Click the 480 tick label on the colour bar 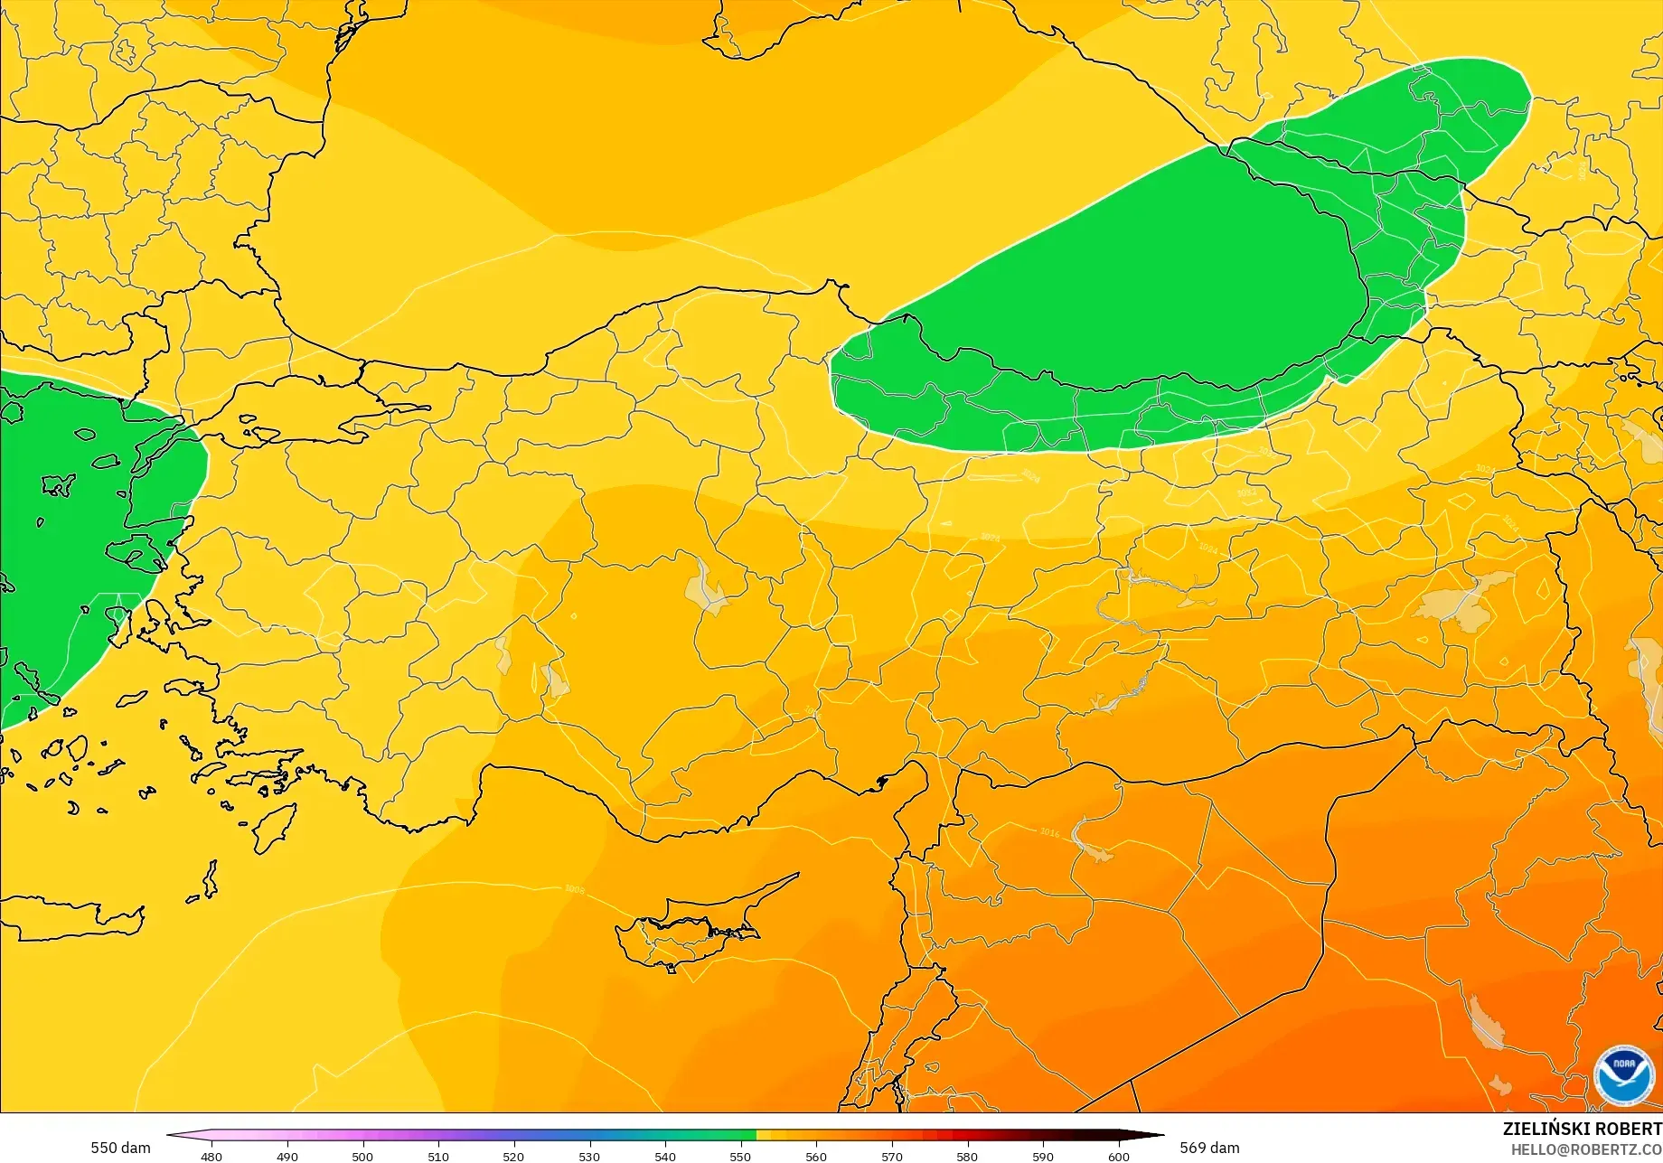[x=211, y=1157]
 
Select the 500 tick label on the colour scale [x=362, y=1157]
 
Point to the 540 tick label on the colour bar [x=665, y=1157]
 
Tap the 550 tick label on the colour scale [x=740, y=1157]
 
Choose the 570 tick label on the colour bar [x=892, y=1157]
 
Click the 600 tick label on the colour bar [x=1119, y=1157]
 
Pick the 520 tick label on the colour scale [x=513, y=1157]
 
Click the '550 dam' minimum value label [x=120, y=1148]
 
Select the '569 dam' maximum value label [x=1209, y=1148]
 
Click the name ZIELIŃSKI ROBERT [x=1582, y=1129]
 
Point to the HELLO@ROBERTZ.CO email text [x=1587, y=1149]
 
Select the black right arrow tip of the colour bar [x=1157, y=1136]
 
